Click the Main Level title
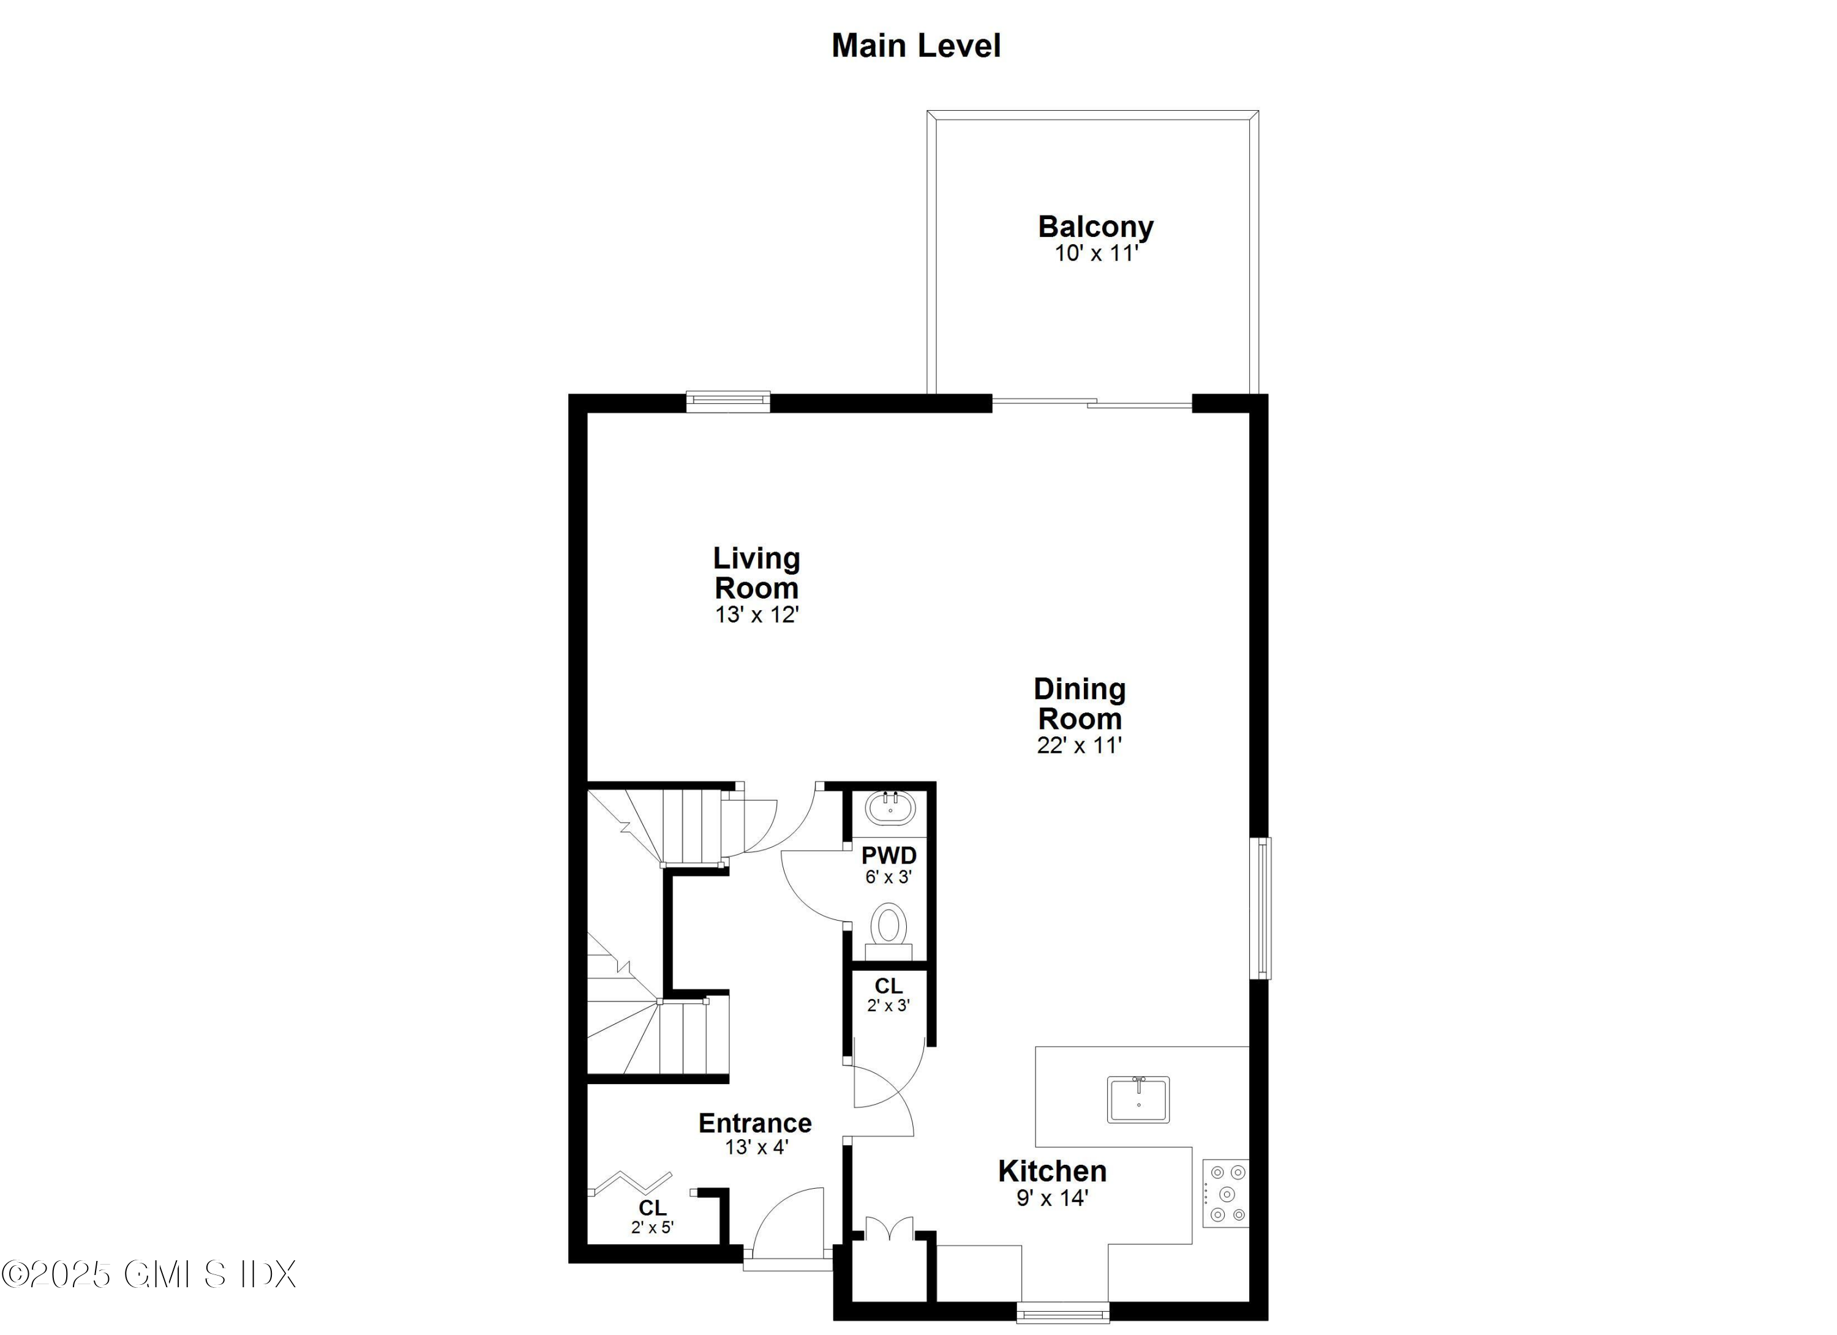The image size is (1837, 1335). pos(916,46)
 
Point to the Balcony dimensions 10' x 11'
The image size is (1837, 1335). pos(1096,253)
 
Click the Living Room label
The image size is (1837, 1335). pos(756,572)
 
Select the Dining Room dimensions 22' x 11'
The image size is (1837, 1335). pos(1079,746)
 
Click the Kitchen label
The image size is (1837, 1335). pos(1051,1171)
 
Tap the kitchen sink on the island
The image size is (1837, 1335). pos(1138,1099)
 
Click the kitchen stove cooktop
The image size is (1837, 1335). pos(1225,1194)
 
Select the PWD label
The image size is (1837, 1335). pos(888,856)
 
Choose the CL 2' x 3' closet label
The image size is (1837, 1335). pos(888,995)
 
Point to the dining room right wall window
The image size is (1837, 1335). pos(1260,908)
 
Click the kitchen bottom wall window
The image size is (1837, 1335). pos(1062,1312)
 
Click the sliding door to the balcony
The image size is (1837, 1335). pos(1092,402)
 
